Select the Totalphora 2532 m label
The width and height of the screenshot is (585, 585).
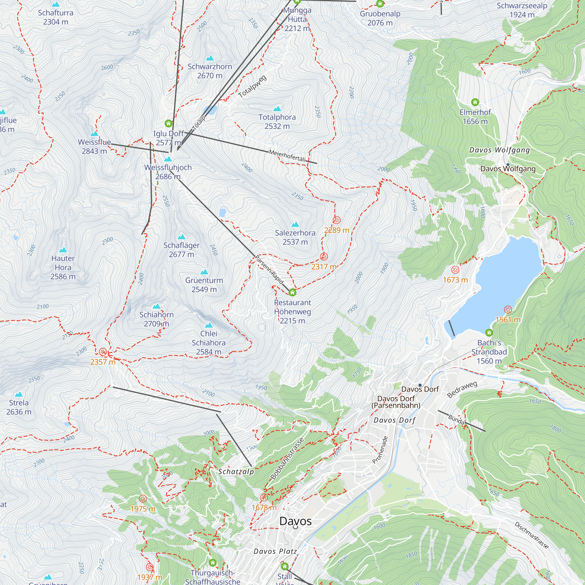277,121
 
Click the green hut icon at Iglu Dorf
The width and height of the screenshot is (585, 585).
168,123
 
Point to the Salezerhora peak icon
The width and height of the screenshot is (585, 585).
295,224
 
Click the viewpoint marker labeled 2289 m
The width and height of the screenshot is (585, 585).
336,220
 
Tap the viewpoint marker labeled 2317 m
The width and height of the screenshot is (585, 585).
324,257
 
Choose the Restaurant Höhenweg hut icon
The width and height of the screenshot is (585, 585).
292,292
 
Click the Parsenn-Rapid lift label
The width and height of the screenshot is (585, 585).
269,270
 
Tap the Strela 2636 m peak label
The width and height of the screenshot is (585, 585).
19,407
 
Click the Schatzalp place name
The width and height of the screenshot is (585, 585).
236,472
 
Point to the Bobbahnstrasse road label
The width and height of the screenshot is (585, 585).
287,459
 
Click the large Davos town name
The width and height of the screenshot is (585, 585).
295,521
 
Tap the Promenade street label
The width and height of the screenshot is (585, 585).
380,450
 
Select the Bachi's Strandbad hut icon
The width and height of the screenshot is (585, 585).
489,333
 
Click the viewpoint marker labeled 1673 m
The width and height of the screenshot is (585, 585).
455,270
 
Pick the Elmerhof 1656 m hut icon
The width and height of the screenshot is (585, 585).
475,102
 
